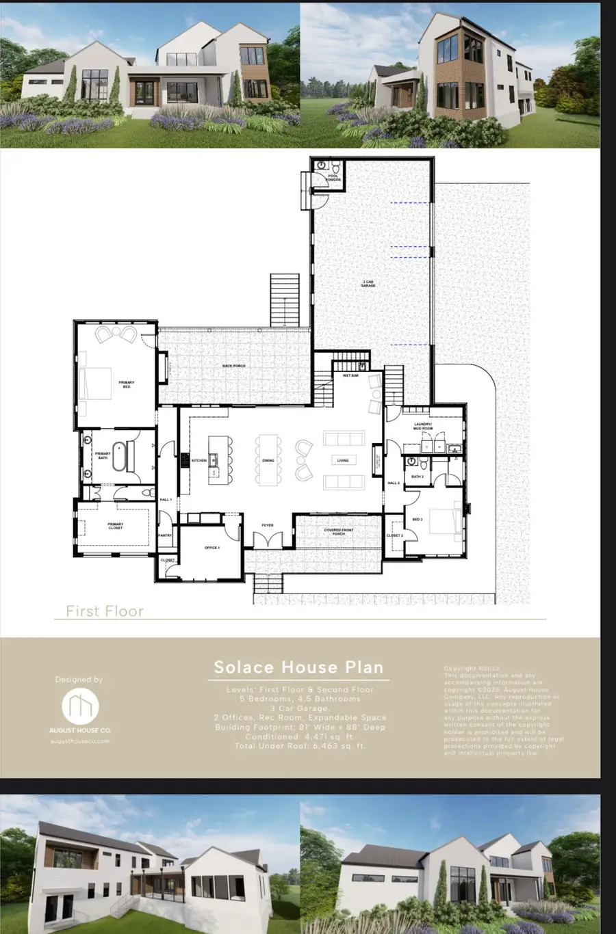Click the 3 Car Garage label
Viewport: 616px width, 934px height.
pyautogui.click(x=368, y=283)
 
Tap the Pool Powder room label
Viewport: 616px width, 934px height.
pyautogui.click(x=333, y=178)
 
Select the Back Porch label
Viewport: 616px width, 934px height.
pyautogui.click(x=234, y=366)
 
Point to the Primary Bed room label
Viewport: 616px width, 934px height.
pyautogui.click(x=126, y=385)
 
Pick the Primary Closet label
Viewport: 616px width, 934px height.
pyautogui.click(x=116, y=526)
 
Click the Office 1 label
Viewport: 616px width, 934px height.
pyautogui.click(x=211, y=548)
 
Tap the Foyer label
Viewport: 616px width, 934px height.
pyautogui.click(x=268, y=525)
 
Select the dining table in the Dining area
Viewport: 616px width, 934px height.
pyautogui.click(x=268, y=460)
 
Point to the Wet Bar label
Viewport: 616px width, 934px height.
pyautogui.click(x=350, y=375)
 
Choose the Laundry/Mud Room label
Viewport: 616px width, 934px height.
pyautogui.click(x=423, y=426)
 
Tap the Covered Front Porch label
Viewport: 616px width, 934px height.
pyautogui.click(x=339, y=531)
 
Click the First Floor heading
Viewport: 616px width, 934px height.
pyautogui.click(x=105, y=611)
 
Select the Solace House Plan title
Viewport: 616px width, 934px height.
pyautogui.click(x=298, y=667)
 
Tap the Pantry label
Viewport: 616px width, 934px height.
pyautogui.click(x=165, y=535)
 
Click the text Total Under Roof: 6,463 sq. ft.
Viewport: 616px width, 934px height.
pyautogui.click(x=299, y=746)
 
